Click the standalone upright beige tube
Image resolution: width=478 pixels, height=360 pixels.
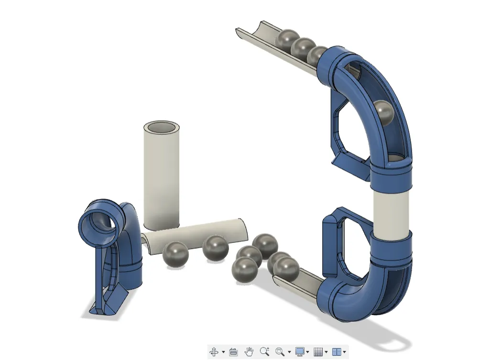[162, 182]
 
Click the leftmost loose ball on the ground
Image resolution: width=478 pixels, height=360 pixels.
[175, 254]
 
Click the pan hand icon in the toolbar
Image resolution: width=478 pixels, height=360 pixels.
[249, 352]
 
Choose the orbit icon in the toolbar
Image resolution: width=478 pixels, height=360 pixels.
[214, 352]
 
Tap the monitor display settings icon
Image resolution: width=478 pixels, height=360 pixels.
[300, 352]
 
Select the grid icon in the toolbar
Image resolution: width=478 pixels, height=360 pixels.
[318, 352]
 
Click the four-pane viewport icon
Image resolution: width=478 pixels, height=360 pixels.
[337, 352]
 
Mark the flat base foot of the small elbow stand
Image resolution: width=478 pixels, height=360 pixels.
[110, 306]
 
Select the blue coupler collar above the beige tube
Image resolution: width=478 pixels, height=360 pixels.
[391, 175]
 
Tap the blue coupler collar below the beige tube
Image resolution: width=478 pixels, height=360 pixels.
[391, 247]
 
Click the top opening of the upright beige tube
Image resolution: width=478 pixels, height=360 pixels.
[162, 128]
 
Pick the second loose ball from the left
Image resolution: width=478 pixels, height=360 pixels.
[215, 248]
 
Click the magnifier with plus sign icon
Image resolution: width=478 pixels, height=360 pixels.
[264, 352]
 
